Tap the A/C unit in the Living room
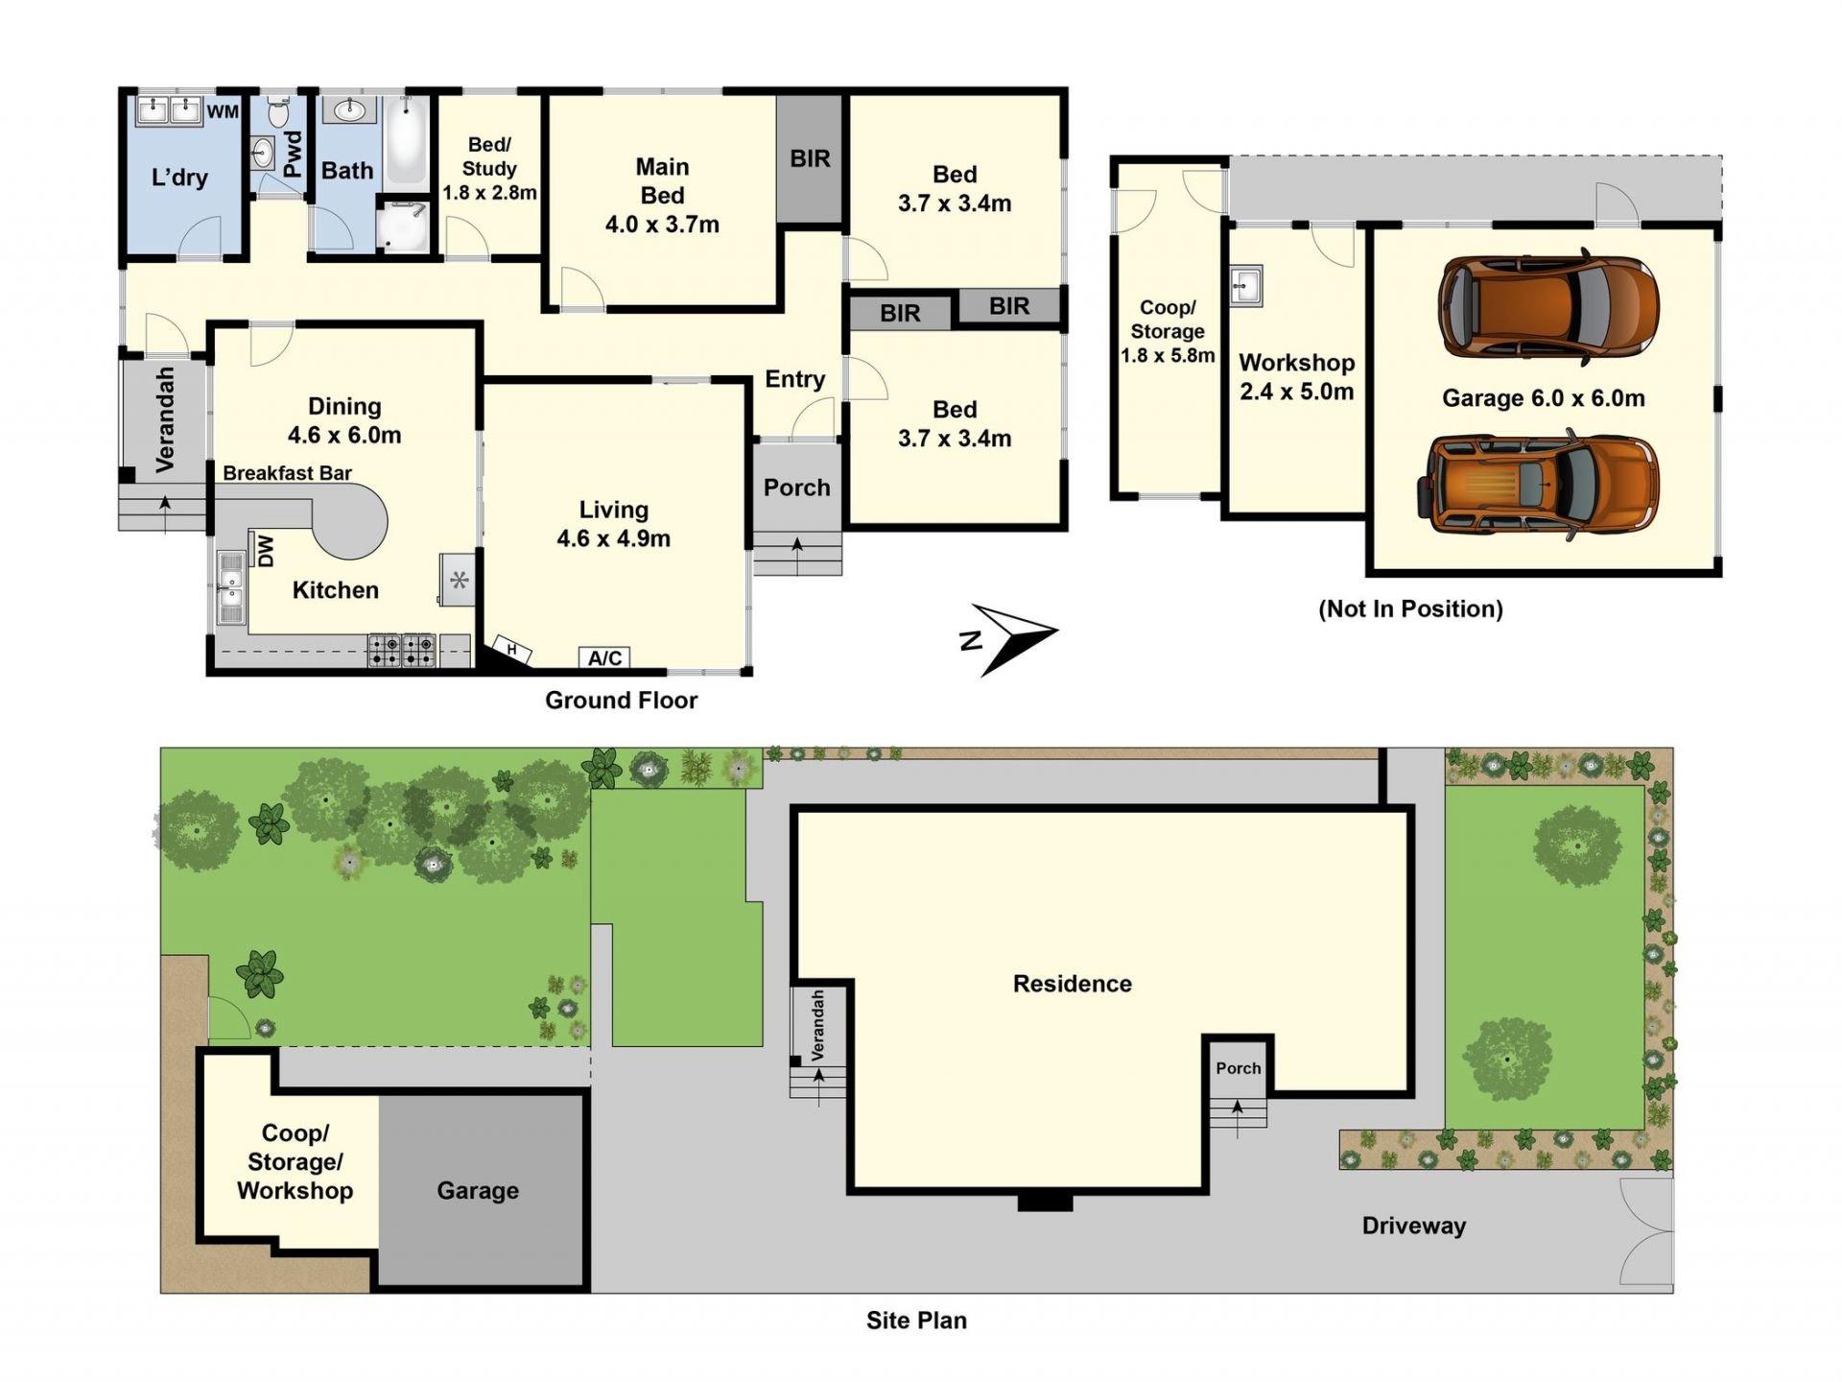point(605,657)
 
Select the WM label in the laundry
point(223,111)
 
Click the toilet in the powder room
point(279,111)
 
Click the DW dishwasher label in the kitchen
point(266,551)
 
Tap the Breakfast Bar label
point(287,473)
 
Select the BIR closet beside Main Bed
point(810,158)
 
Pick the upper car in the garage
point(1547,308)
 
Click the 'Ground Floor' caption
point(621,701)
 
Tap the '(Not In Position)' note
point(1410,608)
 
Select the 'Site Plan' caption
point(916,1321)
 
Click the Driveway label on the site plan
point(1414,1226)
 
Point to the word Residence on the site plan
point(1073,984)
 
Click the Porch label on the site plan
point(1239,1068)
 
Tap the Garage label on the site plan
point(478,1191)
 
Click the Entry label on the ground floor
point(794,379)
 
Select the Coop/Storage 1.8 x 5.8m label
point(1168,331)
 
